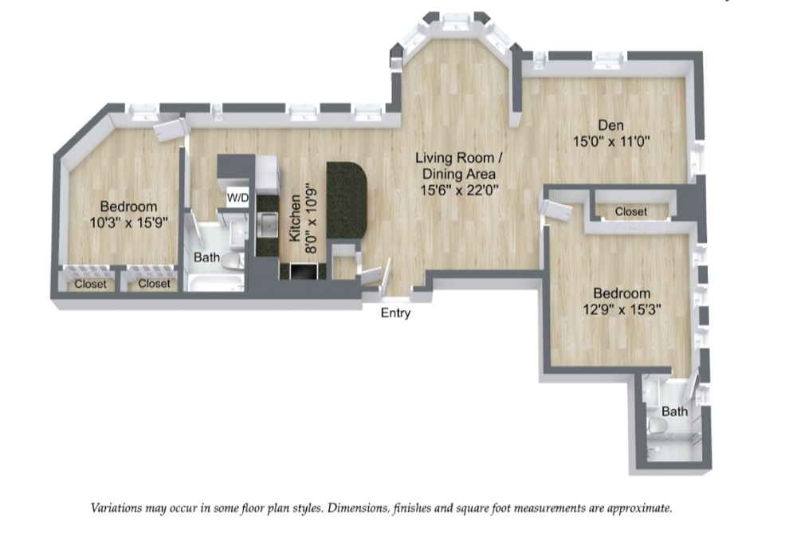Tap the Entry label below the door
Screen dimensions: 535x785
point(395,313)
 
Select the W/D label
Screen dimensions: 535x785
point(237,197)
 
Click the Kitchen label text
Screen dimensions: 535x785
point(294,218)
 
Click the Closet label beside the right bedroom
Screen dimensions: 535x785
point(630,212)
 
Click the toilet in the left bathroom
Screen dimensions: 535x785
point(232,261)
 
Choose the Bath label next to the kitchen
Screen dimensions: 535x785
point(206,258)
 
